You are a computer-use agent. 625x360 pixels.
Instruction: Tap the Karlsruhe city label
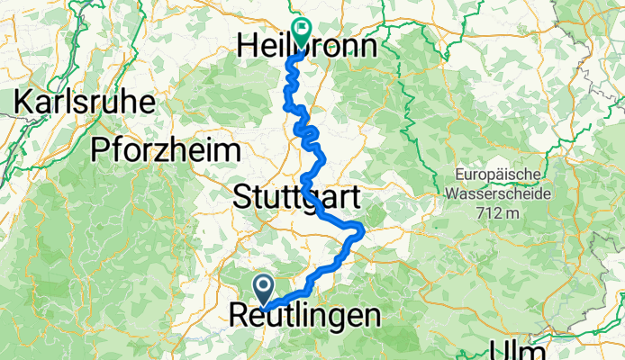83,101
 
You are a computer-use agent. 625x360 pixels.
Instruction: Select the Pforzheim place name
165,150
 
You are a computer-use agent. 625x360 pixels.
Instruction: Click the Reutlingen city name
305,316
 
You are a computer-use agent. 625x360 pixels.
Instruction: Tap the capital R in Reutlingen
240,316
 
